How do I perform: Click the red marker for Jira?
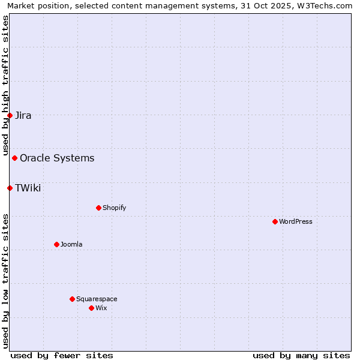tap(10, 115)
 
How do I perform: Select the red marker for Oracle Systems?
tap(15, 158)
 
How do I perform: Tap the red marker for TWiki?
tap(10, 188)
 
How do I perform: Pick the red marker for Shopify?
tap(98, 208)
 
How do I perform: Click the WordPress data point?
tap(275, 221)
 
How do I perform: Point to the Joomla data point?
tap(56, 244)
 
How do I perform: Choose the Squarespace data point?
tap(72, 299)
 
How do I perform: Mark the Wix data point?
tap(91, 308)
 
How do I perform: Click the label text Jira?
tap(23, 116)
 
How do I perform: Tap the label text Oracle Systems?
tap(57, 158)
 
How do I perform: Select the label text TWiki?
tap(28, 188)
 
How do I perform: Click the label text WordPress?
tap(296, 221)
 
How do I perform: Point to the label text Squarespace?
tap(97, 299)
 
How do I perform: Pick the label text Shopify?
tap(114, 208)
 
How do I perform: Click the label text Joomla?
tap(71, 244)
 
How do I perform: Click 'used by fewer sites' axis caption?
tap(62, 355)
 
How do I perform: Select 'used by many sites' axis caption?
tap(301, 355)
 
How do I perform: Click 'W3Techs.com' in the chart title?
tap(326, 6)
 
